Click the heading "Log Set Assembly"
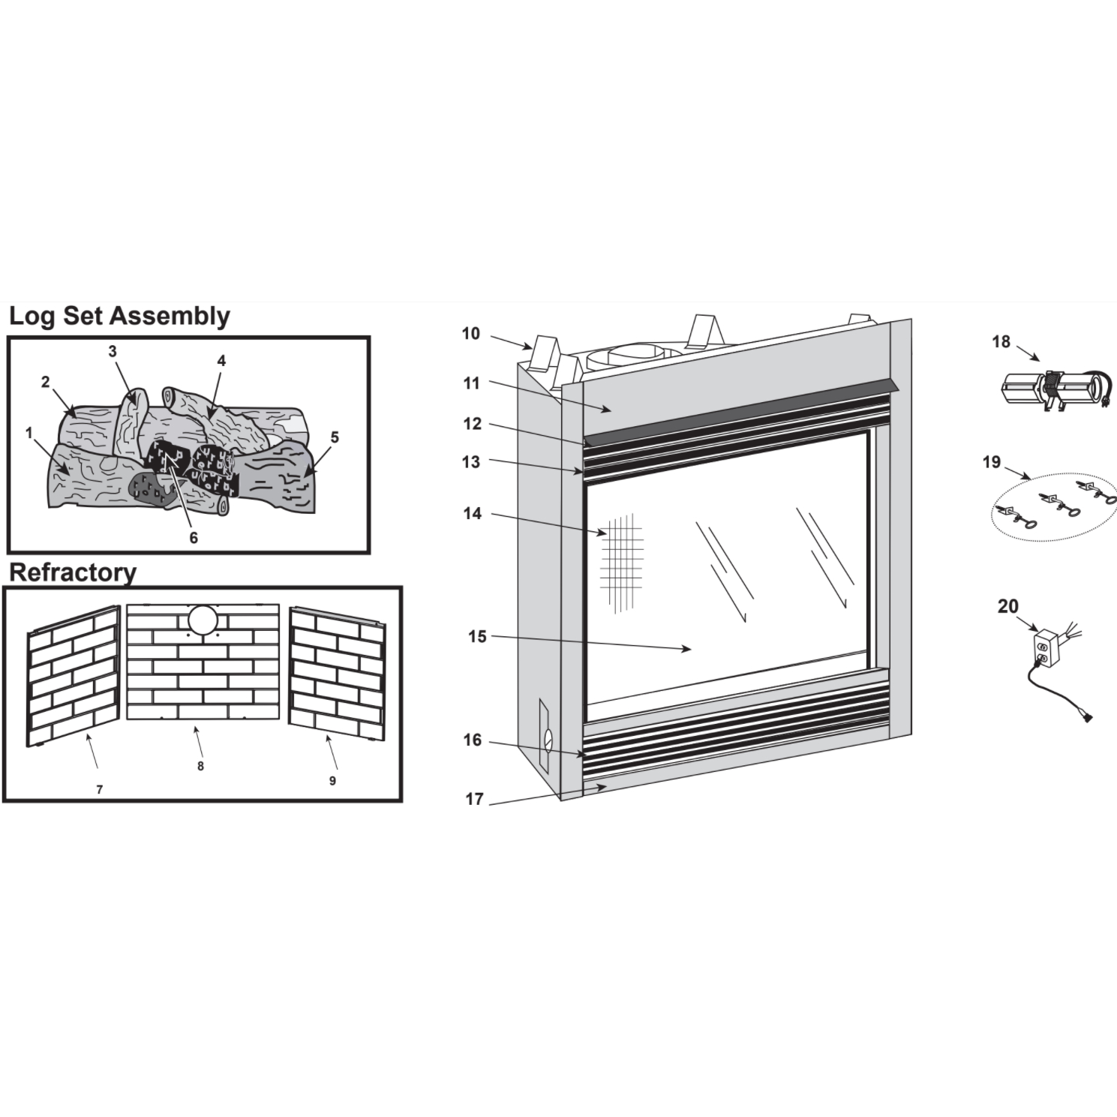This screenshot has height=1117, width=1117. click(119, 317)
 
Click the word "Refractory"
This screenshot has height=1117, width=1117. click(73, 572)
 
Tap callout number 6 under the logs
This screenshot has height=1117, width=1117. click(194, 538)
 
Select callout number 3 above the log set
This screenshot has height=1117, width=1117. click(113, 351)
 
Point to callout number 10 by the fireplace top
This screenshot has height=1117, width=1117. click(470, 333)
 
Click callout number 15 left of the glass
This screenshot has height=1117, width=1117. click(477, 636)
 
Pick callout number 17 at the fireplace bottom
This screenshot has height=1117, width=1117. click(474, 799)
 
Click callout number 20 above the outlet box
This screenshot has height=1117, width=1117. click(1008, 606)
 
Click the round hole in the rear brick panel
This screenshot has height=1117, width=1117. click(202, 620)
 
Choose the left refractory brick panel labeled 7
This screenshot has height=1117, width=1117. click(74, 676)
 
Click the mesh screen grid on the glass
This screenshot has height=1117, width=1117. click(622, 563)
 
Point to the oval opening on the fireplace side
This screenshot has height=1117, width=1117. click(548, 740)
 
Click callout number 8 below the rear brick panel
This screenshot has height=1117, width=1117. click(200, 766)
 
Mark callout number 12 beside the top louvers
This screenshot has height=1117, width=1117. click(472, 424)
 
